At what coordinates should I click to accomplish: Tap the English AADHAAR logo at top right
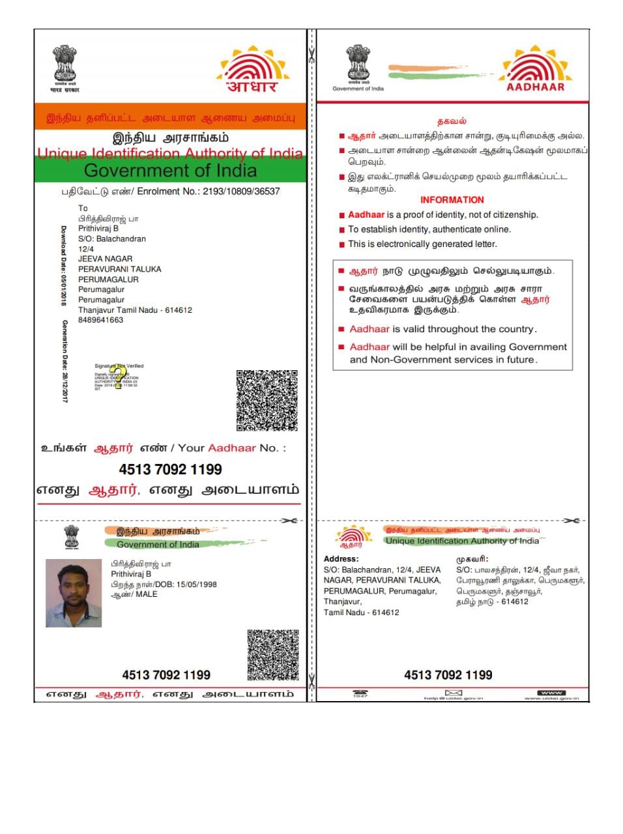tap(534, 69)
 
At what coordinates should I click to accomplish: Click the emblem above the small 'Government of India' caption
tap(358, 64)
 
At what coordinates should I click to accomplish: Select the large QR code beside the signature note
tap(267, 400)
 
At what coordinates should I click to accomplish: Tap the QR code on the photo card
tap(273, 654)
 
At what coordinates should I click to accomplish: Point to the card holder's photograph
tap(74, 593)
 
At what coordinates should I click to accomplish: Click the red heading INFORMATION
tap(452, 200)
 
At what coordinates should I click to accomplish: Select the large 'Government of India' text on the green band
tap(170, 171)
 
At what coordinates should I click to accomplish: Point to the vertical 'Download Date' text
tap(64, 266)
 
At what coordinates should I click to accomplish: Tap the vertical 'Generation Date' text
tap(65, 360)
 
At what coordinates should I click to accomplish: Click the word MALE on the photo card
tap(147, 594)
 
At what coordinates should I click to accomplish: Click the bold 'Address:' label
tap(341, 559)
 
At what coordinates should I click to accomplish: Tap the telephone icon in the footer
tap(360, 693)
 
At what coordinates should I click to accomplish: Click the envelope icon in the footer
tap(453, 693)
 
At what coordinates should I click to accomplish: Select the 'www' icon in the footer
tap(551, 693)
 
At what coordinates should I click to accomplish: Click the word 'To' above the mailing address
tap(83, 208)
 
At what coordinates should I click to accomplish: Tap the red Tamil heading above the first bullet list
tap(452, 121)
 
